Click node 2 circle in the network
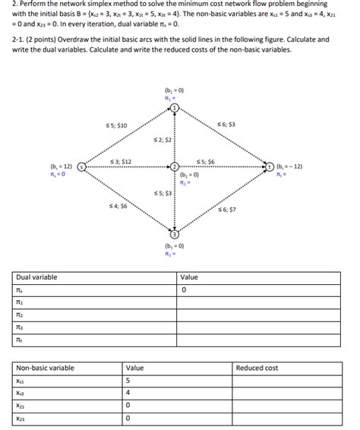[175, 166]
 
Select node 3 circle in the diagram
[175, 236]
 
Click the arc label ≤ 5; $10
[116, 125]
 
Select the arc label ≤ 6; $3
[226, 124]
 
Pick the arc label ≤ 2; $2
[163, 141]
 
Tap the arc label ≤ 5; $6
[206, 161]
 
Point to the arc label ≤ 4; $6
[118, 206]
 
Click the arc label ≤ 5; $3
[163, 194]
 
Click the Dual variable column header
[37, 277]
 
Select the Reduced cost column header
[257, 368]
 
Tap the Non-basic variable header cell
[46, 368]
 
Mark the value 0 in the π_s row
[184, 290]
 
